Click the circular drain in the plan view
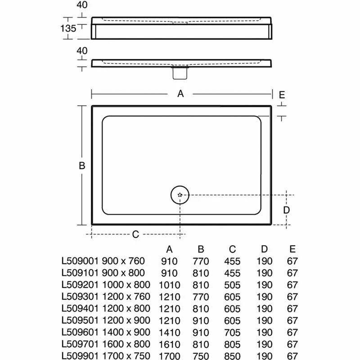[180, 195]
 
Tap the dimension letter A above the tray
[181, 94]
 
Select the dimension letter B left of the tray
[82, 166]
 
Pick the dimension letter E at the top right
[282, 94]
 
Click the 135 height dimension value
[68, 28]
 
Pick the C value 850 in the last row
[232, 355]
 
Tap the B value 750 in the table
[201, 355]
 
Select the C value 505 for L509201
[232, 284]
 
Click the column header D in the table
[264, 250]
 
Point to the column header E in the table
[292, 250]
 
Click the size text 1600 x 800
[123, 344]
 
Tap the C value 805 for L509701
[232, 344]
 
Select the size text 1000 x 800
[123, 284]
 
